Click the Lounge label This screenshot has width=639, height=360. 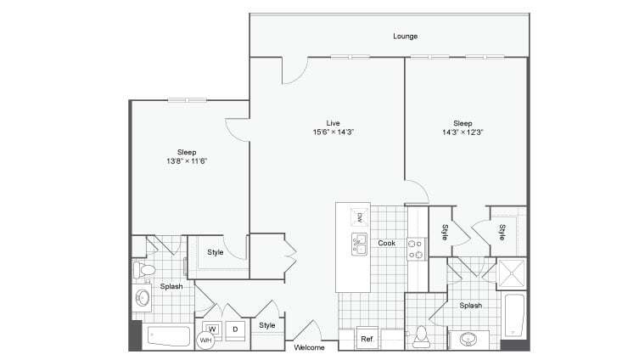tap(405, 37)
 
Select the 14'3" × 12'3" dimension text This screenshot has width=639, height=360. tap(462, 132)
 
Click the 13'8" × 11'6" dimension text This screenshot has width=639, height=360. tap(186, 160)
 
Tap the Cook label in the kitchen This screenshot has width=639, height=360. tap(386, 244)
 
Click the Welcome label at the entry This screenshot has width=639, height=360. tap(309, 348)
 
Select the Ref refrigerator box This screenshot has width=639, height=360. tap(367, 339)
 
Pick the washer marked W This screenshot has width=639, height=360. tap(212, 329)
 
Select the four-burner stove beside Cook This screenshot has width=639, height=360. tap(416, 248)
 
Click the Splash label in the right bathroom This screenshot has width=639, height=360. tap(471, 306)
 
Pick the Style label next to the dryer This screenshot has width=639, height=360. tap(267, 325)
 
